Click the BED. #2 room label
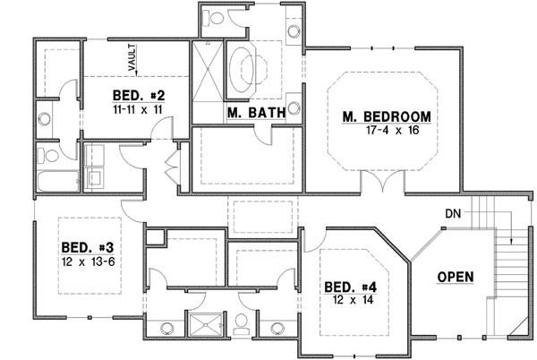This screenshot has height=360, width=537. (137, 94)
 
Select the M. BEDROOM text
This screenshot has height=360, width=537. (388, 116)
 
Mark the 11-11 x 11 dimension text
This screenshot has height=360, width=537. (137, 107)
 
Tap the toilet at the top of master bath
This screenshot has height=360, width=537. (216, 18)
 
